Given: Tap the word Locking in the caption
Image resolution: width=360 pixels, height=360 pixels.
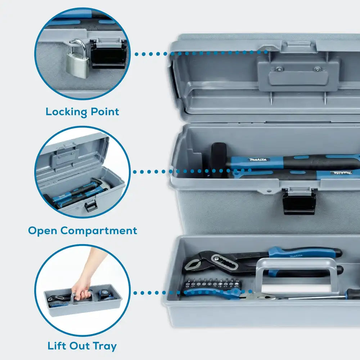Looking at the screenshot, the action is tap(66, 112).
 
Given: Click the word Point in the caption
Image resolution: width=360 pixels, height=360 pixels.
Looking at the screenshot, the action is tap(105, 112).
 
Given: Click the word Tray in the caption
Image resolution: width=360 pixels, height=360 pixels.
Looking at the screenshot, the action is tap(104, 346).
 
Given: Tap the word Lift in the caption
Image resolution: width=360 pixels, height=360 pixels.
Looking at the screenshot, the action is tap(57, 346).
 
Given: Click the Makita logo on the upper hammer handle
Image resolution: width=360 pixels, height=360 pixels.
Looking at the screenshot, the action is tap(258, 159).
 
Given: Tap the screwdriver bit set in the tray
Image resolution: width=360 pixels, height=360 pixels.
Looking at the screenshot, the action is tap(213, 284).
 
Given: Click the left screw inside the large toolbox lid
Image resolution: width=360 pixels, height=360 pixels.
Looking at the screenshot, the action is tap(279, 68).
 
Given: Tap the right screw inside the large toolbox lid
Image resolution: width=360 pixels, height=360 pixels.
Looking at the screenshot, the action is tap(317, 69).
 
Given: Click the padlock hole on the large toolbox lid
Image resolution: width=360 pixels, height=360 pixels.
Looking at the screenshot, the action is tap(268, 49).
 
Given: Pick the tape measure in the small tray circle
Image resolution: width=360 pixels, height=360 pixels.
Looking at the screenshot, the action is tap(103, 294).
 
